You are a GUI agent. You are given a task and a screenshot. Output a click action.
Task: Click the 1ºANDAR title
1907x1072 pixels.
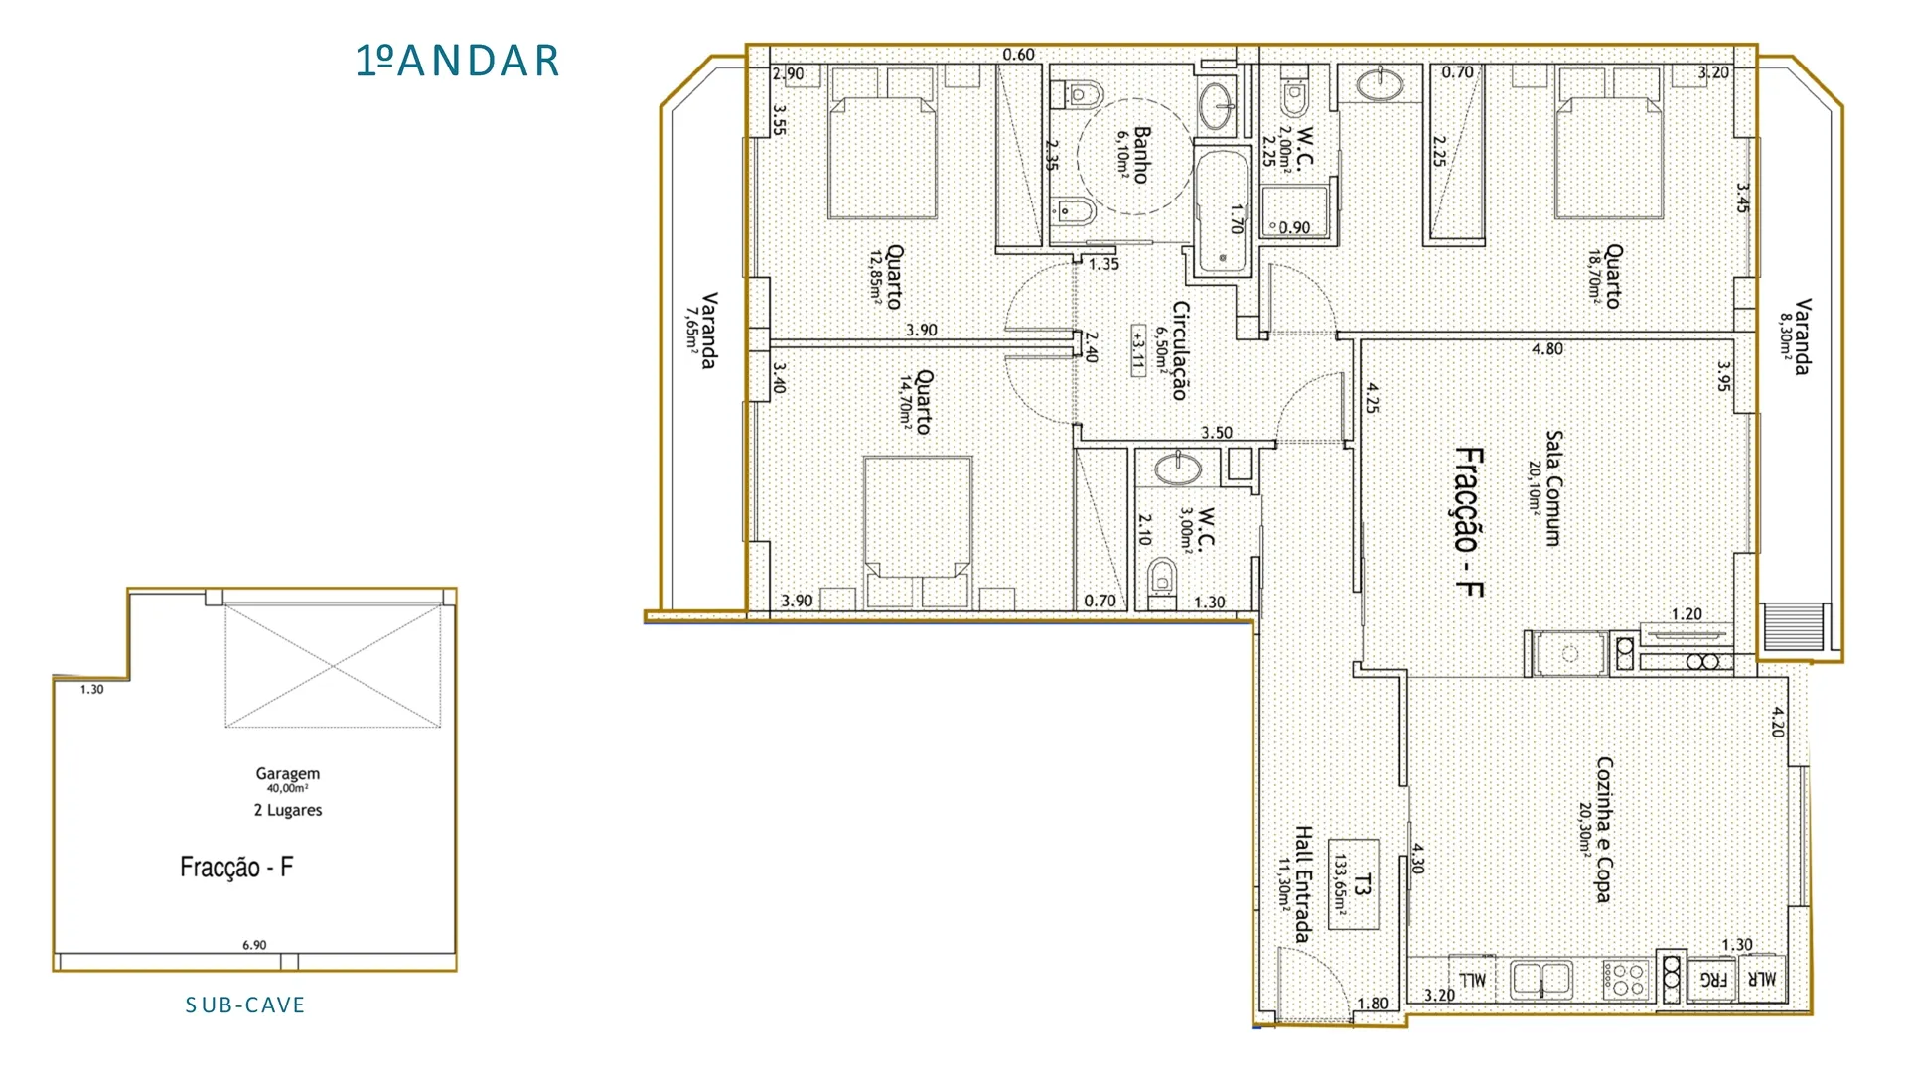tap(458, 61)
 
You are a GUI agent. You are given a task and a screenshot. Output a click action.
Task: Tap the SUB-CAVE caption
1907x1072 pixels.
tap(245, 1005)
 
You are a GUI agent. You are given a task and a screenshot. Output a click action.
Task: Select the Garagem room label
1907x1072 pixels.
tap(288, 773)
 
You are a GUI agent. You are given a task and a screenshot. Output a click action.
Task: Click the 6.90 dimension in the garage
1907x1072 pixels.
tap(254, 945)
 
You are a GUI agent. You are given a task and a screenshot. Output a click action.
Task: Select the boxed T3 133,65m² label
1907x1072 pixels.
tap(1353, 884)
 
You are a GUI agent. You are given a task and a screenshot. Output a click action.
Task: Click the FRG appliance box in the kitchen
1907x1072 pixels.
tap(1712, 980)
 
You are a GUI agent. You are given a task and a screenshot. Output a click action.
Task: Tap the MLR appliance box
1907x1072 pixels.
tap(1762, 979)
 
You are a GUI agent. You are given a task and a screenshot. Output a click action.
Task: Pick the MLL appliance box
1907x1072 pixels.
tap(1473, 979)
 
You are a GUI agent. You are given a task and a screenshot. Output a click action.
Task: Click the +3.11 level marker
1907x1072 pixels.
tap(1137, 348)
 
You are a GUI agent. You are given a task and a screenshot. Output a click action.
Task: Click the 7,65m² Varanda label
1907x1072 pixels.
tap(700, 330)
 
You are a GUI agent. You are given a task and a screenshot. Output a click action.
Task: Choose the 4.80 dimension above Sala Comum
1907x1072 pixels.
tap(1546, 349)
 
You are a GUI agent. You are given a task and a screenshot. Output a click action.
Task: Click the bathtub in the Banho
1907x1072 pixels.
tap(1223, 210)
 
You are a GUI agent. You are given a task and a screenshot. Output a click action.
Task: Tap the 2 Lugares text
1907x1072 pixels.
tap(288, 810)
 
